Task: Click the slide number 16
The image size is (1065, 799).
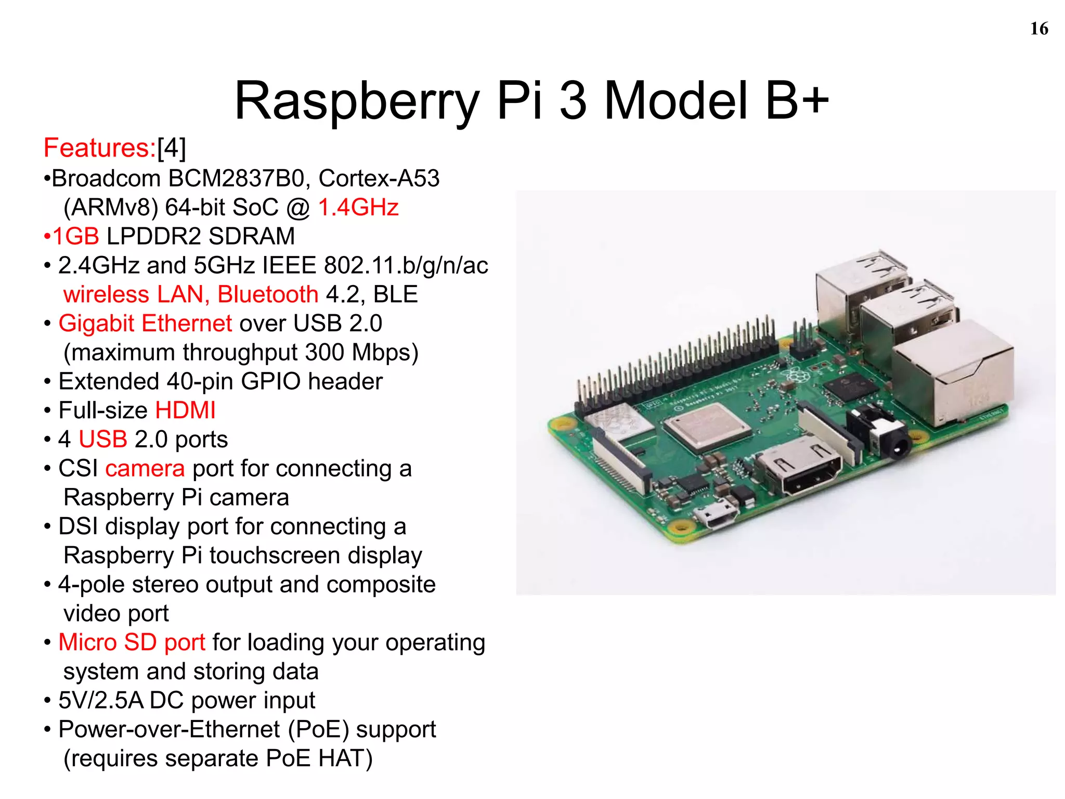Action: point(1038,29)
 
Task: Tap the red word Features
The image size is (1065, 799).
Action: point(99,148)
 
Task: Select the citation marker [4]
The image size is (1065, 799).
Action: point(172,148)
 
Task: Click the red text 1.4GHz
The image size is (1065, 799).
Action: point(358,208)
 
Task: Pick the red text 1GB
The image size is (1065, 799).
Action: point(76,237)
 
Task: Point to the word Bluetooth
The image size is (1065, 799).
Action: point(268,295)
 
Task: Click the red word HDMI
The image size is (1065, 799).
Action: point(185,410)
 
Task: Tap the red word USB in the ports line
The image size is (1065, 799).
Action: point(102,440)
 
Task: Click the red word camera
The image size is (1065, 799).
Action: point(145,469)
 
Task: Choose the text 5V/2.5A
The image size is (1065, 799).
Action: point(101,701)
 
